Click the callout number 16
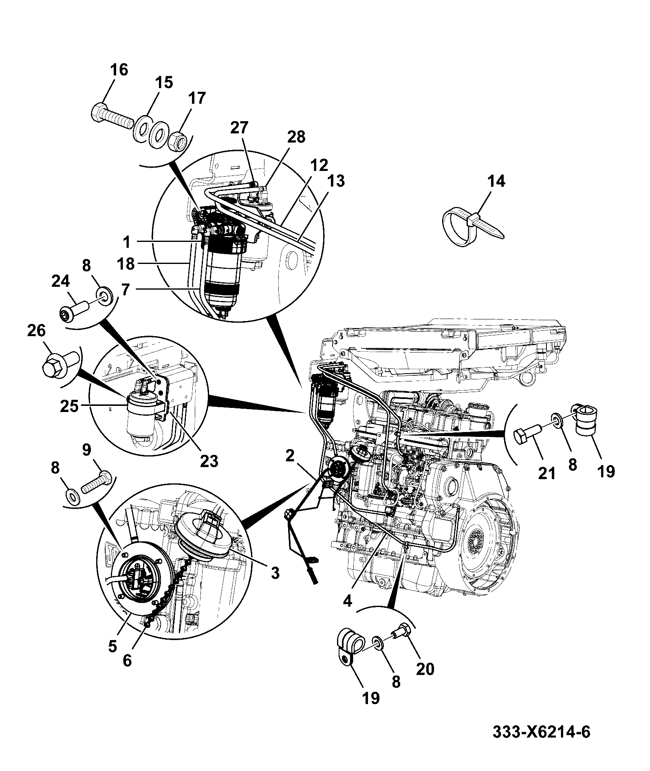[x=119, y=70]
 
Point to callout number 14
[x=496, y=181]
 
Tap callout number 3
[x=275, y=573]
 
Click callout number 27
[x=239, y=128]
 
